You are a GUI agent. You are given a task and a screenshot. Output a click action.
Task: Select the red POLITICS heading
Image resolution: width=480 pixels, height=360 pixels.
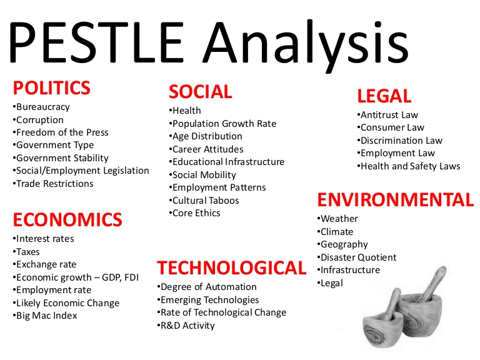coord(52,87)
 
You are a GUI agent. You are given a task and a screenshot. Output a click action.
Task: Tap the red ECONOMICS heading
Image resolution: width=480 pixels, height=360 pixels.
coord(67,219)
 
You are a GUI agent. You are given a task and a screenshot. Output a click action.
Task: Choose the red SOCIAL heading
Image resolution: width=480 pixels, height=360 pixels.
coord(200,92)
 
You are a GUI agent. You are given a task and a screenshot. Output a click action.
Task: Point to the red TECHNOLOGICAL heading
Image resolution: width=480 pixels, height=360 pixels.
coord(231,268)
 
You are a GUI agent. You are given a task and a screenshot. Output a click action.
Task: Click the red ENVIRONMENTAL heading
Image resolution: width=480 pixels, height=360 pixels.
coord(396,200)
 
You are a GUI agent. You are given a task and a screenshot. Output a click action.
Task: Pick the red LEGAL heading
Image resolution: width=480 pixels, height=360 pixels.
coord(384,96)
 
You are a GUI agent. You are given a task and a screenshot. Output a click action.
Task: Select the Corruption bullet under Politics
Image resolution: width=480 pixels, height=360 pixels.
coord(39,119)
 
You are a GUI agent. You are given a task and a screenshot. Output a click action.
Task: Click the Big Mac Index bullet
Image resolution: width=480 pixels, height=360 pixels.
coord(46,316)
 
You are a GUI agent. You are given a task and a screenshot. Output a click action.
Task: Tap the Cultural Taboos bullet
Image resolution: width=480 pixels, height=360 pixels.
coord(204,201)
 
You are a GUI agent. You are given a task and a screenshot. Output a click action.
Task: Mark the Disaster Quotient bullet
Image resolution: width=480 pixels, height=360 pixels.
coord(357,257)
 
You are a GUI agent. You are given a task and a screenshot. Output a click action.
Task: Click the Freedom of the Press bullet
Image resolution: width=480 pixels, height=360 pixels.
coord(61,132)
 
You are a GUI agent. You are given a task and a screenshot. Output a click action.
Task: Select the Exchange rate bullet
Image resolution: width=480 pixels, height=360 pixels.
coord(45,264)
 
